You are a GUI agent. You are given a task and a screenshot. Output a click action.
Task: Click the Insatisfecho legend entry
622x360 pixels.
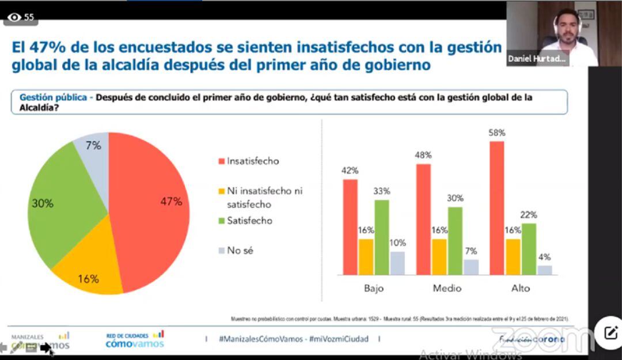(x=248, y=161)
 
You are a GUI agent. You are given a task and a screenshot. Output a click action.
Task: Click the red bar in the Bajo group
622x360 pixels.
(x=350, y=227)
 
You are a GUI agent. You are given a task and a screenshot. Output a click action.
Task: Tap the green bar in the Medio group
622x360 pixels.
(x=455, y=241)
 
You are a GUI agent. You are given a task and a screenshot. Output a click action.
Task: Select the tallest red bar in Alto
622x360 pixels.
(x=496, y=208)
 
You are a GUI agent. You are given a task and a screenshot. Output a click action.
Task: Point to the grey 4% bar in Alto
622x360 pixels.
(x=544, y=270)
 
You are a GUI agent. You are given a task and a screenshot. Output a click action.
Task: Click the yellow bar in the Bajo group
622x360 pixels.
(x=366, y=257)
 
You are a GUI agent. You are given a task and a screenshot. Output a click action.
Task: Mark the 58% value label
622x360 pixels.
(x=496, y=133)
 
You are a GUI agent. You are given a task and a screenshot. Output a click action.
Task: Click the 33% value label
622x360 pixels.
(x=381, y=191)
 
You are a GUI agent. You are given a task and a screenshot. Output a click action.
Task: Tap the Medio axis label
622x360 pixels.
(x=447, y=288)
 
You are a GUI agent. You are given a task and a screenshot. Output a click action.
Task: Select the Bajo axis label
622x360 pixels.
(x=374, y=288)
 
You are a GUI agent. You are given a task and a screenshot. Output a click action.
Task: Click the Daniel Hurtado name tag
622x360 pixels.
(x=537, y=59)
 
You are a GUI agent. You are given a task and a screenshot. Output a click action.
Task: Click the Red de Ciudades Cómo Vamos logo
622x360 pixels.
(x=135, y=340)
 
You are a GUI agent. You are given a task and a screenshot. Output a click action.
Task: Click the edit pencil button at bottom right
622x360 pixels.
(x=610, y=332)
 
